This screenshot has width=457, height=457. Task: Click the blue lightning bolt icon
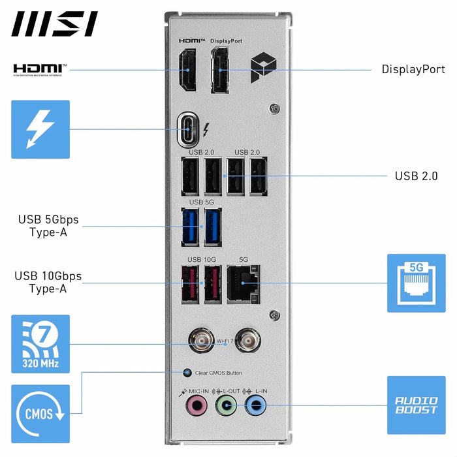click(x=40, y=129)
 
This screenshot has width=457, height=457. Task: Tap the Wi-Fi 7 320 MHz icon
click(x=40, y=344)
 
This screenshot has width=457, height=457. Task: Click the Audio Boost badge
click(x=416, y=405)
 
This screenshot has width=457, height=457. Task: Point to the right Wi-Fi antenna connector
click(x=247, y=339)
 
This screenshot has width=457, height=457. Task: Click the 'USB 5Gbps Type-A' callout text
click(x=48, y=226)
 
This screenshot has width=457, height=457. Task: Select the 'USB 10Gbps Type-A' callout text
click(x=48, y=282)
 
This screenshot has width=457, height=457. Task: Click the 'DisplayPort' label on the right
click(x=413, y=69)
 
